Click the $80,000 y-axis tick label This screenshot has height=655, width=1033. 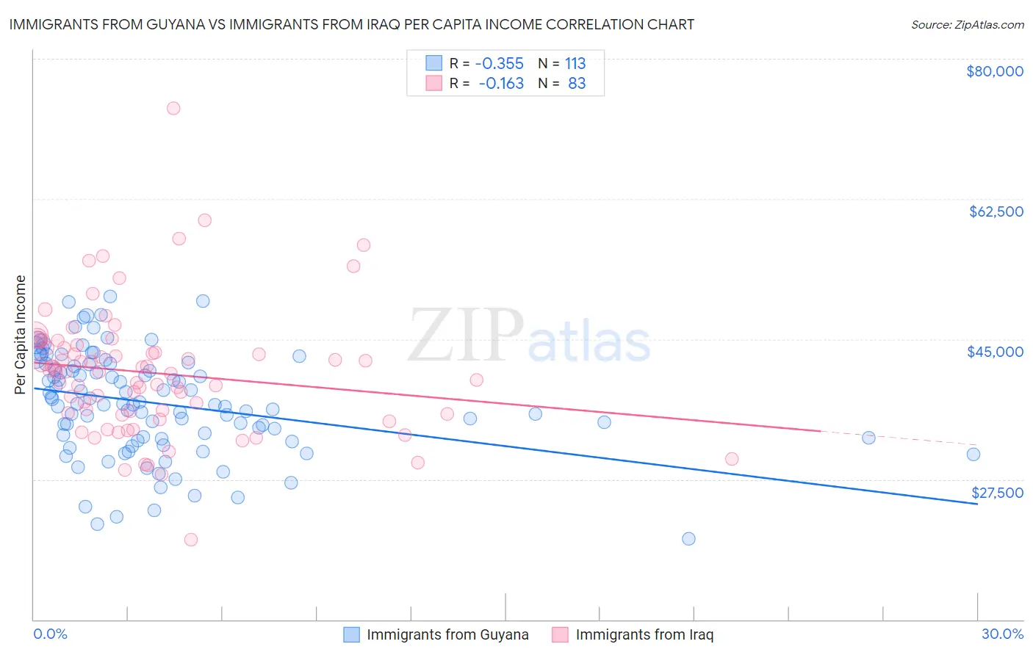coord(995,71)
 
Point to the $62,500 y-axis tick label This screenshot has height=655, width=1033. coord(996,211)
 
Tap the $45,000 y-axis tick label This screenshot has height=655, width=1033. coord(995,352)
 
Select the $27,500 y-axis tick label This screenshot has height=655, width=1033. coord(997,493)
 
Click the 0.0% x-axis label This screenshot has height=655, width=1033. coord(51,634)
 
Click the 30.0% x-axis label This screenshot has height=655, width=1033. coord(1002,634)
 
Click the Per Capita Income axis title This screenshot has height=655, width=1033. coord(21,334)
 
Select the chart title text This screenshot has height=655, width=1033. coord(351,24)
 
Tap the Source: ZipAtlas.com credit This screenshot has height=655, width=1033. coord(967,24)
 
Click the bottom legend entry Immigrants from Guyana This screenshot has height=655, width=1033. coord(447,634)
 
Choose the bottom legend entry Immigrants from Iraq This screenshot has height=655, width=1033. coord(644,634)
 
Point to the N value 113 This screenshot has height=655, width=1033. coord(575,63)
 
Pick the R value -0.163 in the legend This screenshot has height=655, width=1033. coord(501,83)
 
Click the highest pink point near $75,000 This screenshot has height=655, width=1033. coord(173,108)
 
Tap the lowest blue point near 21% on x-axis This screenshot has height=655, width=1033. coord(688,538)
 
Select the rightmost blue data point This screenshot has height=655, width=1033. coord(973,454)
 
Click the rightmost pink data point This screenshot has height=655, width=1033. coord(732,459)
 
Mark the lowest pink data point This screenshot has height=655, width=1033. coord(191,540)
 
